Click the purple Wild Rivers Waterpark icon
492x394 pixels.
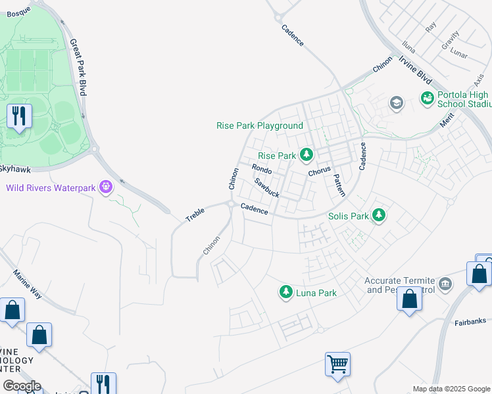click(x=105, y=188)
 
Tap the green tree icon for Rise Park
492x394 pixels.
click(x=306, y=155)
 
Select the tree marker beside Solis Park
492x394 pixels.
click(x=378, y=215)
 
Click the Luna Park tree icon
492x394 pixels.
click(x=285, y=292)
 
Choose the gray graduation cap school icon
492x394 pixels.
click(x=396, y=102)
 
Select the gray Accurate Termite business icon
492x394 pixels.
click(x=445, y=284)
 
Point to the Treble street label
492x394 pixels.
click(x=195, y=214)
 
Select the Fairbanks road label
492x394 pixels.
click(x=470, y=322)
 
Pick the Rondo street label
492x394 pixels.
click(x=261, y=169)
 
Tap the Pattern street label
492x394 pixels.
click(x=339, y=185)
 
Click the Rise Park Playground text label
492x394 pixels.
click(x=260, y=125)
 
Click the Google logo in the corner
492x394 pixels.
click(x=21, y=386)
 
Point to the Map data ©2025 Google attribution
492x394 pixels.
click(x=451, y=389)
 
